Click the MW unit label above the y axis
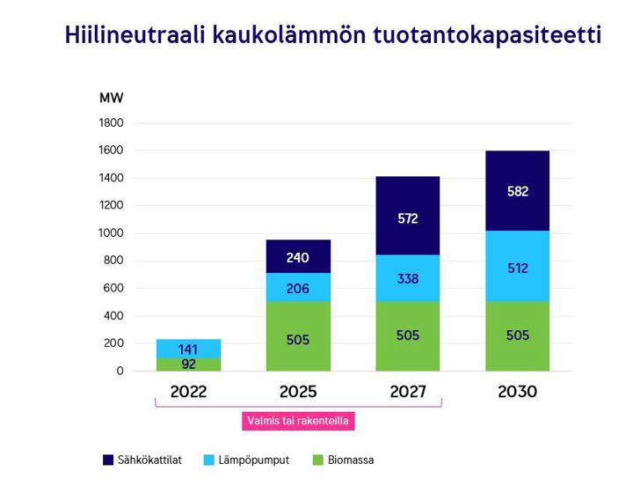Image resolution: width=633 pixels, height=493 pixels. (x=112, y=98)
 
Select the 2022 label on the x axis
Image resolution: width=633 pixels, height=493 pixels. (x=188, y=392)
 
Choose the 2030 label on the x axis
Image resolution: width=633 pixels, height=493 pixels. (x=517, y=392)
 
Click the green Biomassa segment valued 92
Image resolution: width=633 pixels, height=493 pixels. (x=188, y=364)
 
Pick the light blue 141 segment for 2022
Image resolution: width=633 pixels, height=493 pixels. (x=188, y=349)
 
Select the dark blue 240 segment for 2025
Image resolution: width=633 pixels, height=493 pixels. (x=298, y=257)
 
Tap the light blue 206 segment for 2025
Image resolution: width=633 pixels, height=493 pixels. (x=298, y=288)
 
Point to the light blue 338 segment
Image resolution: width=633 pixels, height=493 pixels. (x=407, y=279)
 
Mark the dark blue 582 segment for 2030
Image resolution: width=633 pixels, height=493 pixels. (x=517, y=191)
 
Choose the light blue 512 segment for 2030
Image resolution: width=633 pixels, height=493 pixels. (x=517, y=268)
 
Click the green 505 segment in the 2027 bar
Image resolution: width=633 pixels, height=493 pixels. (x=407, y=335)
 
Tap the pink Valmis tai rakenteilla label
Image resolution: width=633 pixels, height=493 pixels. (x=298, y=421)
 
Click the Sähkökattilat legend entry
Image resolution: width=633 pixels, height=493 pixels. (x=149, y=460)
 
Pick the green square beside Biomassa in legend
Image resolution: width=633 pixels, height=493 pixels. (x=319, y=460)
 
